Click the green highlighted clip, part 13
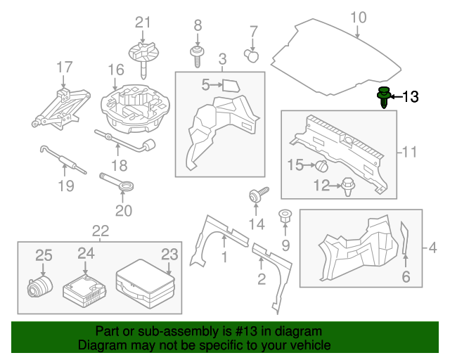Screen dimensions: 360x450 [x=384, y=97]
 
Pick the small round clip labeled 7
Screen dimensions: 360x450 [x=250, y=53]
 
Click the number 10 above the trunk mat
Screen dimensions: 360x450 [x=358, y=17]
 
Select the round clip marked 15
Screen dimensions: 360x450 [x=321, y=167]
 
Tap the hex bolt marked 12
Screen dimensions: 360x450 [x=348, y=186]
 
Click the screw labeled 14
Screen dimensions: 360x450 [x=256, y=196]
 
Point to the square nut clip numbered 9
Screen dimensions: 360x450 [x=285, y=217]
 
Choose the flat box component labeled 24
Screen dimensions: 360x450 [x=85, y=288]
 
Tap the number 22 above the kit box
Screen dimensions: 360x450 [x=101, y=231]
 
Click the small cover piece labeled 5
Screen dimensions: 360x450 [x=230, y=86]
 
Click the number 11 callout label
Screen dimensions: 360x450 [x=409, y=151]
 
